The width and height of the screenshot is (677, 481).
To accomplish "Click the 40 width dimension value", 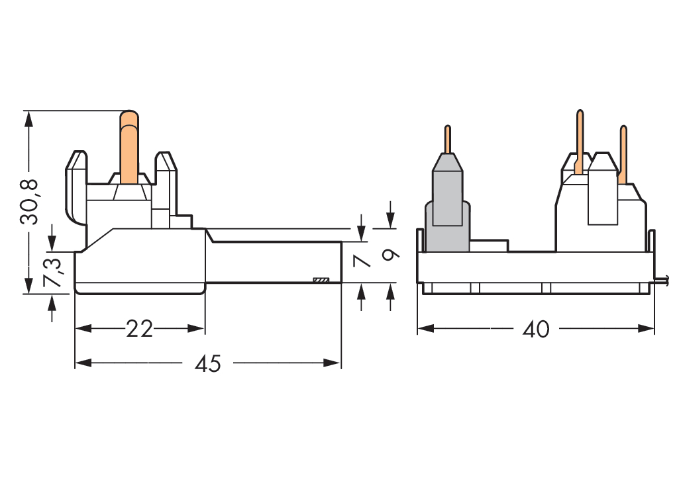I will point(535,329).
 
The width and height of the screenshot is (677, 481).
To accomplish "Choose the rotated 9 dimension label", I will point(391,254).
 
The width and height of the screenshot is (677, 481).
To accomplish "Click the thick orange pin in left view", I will point(129,149).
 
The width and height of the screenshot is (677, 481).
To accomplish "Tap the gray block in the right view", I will point(447,205).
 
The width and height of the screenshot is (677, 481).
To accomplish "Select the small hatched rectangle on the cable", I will point(321,281).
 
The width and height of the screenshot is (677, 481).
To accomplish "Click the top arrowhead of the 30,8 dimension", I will point(28,118).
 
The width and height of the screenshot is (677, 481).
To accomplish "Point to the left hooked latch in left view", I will point(75,189).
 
